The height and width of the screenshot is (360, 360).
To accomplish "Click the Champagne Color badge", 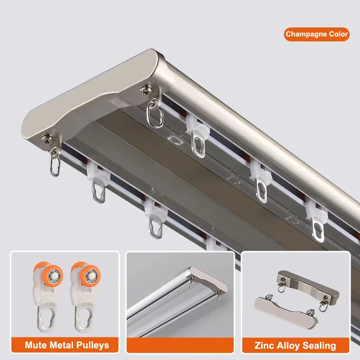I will [x=316, y=34].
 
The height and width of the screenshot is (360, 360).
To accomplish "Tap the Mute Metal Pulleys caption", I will [x=67, y=345].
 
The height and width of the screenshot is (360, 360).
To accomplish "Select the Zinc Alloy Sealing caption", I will [x=295, y=346].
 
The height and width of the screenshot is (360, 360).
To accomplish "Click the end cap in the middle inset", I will [x=209, y=277].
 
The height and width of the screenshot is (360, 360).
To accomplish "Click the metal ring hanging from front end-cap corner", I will [x=54, y=164].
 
